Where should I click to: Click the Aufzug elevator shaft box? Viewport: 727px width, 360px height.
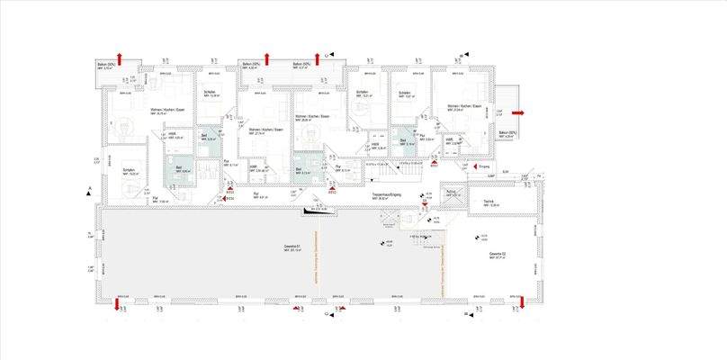(x=453, y=198)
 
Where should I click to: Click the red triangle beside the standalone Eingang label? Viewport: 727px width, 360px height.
(x=473, y=167)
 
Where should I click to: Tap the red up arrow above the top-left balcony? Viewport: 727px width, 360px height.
(x=119, y=58)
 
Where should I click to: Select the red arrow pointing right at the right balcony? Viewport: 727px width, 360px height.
(x=517, y=112)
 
